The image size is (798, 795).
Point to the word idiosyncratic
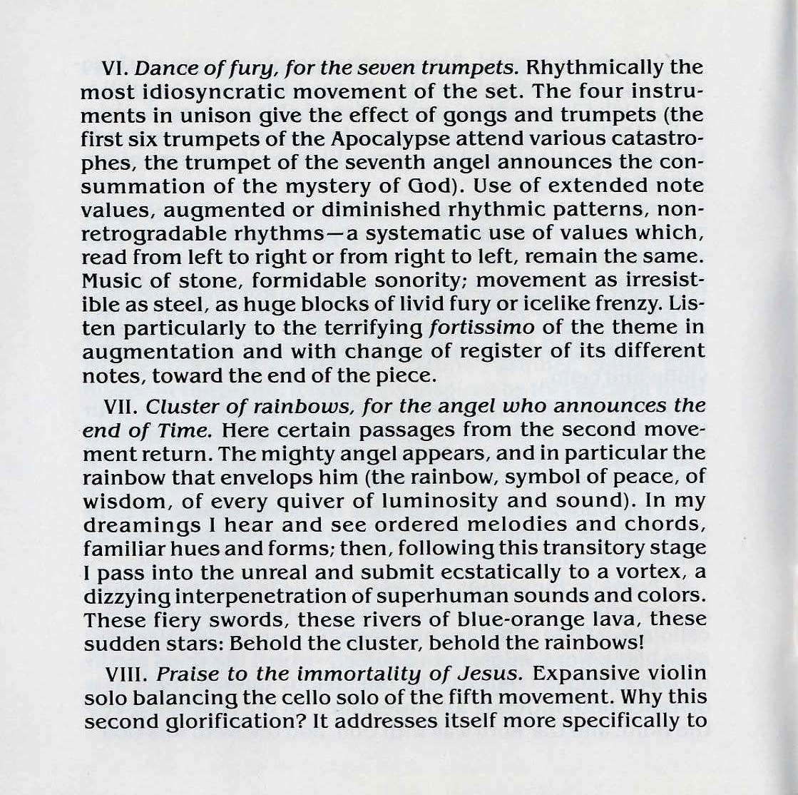tap(201, 92)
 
